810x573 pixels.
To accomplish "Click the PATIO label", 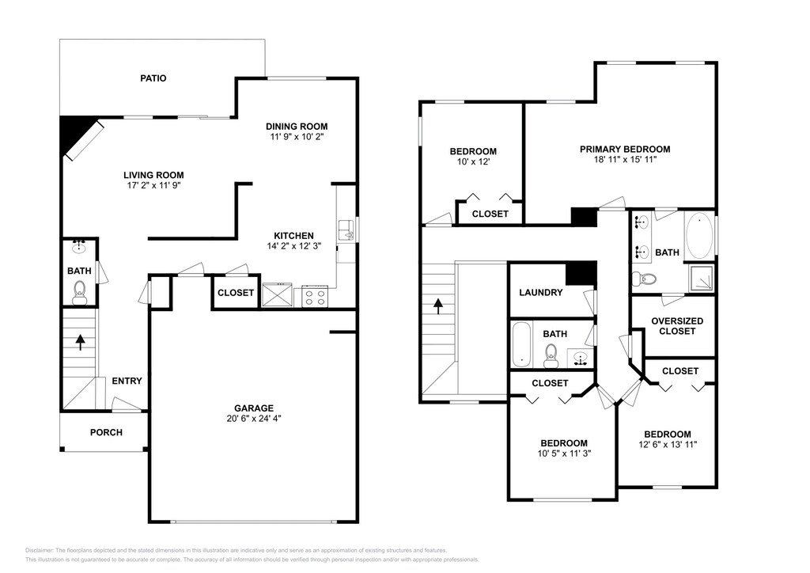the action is [x=153, y=78].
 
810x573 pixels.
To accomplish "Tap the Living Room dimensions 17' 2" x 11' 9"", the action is [x=153, y=185].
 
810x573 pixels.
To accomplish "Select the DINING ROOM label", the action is [x=297, y=127].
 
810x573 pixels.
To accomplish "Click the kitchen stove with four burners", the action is [x=315, y=295].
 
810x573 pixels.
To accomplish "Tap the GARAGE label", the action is [x=254, y=408].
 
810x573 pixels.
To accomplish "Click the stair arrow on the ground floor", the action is [x=81, y=342].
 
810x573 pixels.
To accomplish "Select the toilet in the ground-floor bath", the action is [x=79, y=292].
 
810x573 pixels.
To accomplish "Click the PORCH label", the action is [x=107, y=432].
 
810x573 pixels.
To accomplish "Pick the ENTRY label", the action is [x=127, y=381].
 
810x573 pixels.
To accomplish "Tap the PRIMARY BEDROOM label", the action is [x=625, y=150].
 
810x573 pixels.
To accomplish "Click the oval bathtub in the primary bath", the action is [x=699, y=236].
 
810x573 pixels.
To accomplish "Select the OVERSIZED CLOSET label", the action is [x=677, y=326].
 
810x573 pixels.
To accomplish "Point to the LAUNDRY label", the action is [x=541, y=293].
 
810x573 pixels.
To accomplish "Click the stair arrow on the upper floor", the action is [x=438, y=305].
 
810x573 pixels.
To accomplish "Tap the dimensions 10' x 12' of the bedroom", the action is [x=473, y=161].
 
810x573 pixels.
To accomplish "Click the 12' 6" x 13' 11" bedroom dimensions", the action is [x=668, y=444].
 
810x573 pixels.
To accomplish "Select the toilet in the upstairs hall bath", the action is [x=551, y=355].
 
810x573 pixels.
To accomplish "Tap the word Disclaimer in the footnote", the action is [x=39, y=550].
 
